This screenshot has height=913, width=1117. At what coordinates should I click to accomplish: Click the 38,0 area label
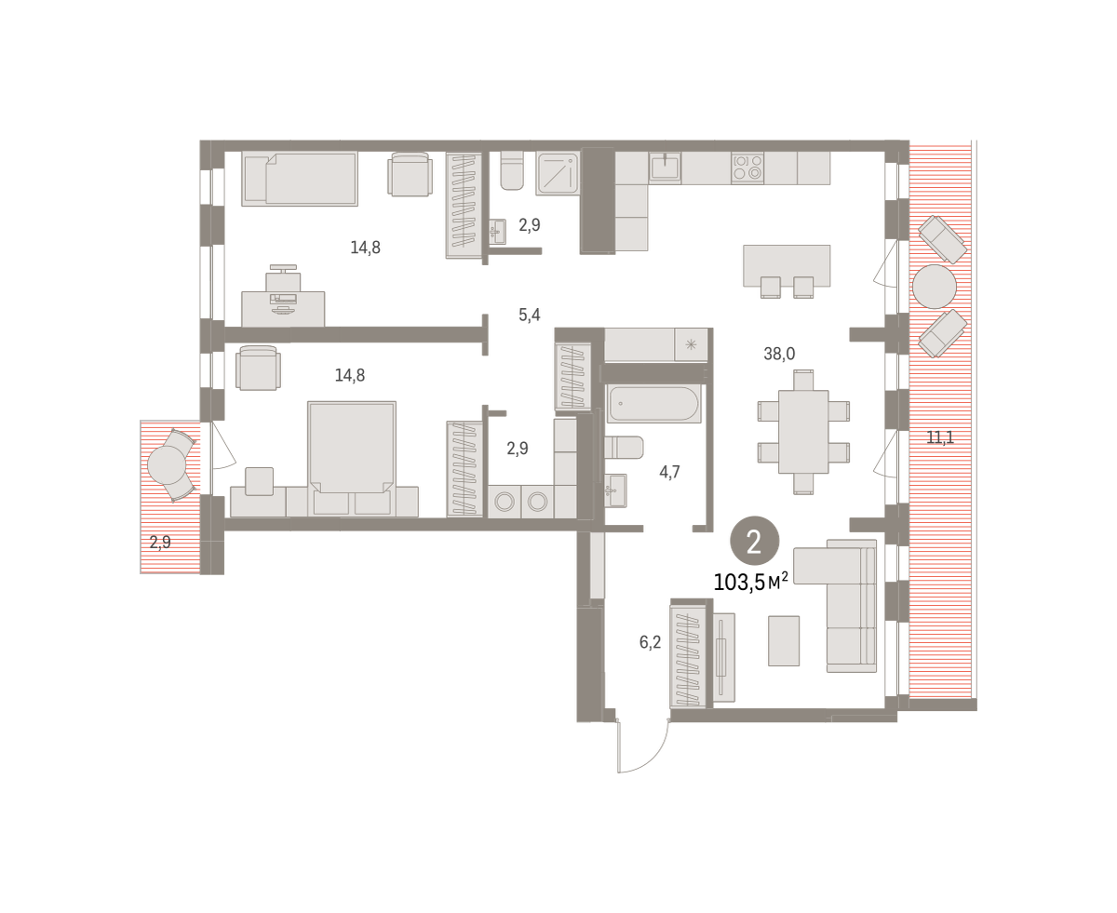(778, 354)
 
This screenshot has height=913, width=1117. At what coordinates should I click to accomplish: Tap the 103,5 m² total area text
(750, 582)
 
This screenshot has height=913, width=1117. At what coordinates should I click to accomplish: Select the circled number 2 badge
(754, 541)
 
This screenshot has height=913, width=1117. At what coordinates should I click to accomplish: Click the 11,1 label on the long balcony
(939, 437)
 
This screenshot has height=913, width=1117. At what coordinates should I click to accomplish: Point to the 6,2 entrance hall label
(650, 642)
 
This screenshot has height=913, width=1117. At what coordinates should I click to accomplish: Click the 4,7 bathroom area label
(669, 472)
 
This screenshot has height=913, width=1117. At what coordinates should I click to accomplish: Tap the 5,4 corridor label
(529, 316)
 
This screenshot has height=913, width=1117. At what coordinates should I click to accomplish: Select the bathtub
(653, 404)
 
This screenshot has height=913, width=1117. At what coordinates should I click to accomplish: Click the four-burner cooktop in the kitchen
(747, 168)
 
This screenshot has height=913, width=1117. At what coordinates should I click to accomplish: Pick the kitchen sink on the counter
(665, 168)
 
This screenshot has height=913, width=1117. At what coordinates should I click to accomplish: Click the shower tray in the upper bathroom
(558, 173)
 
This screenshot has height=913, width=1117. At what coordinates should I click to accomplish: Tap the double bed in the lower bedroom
(352, 458)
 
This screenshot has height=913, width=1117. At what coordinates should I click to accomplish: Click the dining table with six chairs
(803, 432)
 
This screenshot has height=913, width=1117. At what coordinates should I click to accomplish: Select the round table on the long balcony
(934, 287)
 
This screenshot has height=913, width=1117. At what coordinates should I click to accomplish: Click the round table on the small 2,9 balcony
(167, 465)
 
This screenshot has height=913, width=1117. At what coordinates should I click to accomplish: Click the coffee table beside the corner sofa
(784, 641)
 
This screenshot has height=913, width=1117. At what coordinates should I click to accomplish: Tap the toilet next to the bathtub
(624, 448)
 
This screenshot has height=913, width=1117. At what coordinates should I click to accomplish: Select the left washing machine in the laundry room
(505, 501)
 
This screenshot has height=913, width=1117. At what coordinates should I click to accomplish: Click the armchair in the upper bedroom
(410, 174)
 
